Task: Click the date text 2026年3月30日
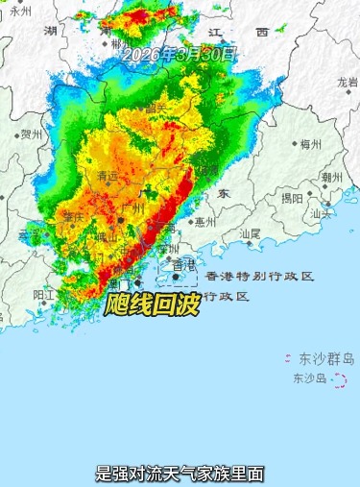(179, 54)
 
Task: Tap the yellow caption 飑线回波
(145, 306)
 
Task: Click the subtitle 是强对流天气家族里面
(180, 473)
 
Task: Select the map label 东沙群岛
(325, 358)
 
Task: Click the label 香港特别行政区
(259, 277)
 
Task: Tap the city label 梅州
(309, 145)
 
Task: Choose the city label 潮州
(332, 178)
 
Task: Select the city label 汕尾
(250, 233)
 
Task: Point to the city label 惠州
(204, 221)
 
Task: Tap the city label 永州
(20, 11)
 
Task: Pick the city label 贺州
(32, 134)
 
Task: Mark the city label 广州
(132, 207)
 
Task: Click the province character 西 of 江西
(261, 33)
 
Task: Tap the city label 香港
(181, 264)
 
